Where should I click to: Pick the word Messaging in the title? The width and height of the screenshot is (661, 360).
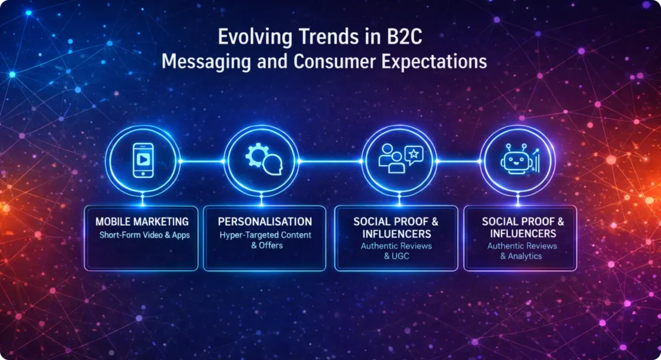tap(201, 63)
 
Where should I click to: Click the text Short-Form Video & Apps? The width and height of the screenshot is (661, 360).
tap(145, 235)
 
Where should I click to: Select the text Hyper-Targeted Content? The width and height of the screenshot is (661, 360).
tap(264, 235)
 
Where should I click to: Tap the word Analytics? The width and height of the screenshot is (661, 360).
tap(525, 256)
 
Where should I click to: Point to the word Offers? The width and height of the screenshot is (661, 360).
tap(269, 246)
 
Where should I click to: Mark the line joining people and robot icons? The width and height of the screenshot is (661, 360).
tap(459, 160)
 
